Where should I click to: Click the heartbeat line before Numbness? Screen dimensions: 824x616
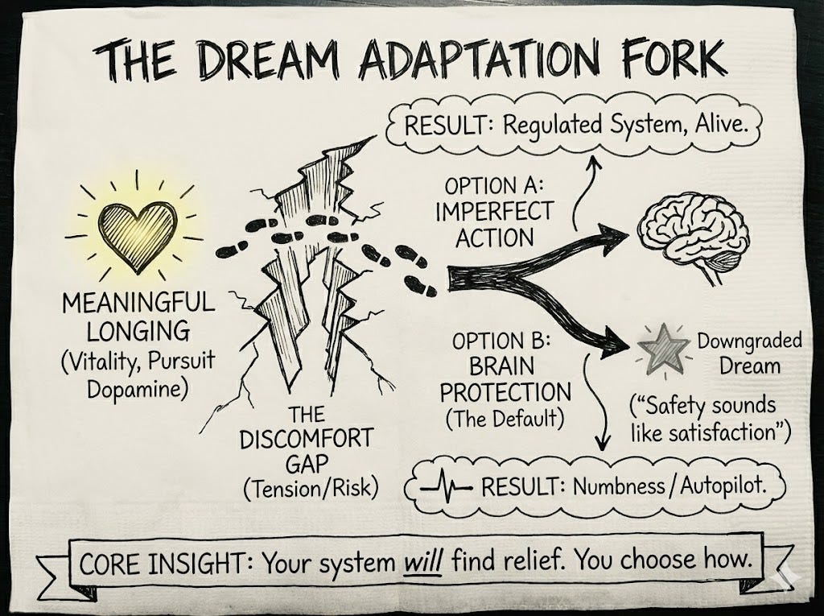tap(447, 486)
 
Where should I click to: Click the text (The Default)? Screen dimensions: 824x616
tap(501, 419)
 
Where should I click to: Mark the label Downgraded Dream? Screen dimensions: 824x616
tap(750, 353)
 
